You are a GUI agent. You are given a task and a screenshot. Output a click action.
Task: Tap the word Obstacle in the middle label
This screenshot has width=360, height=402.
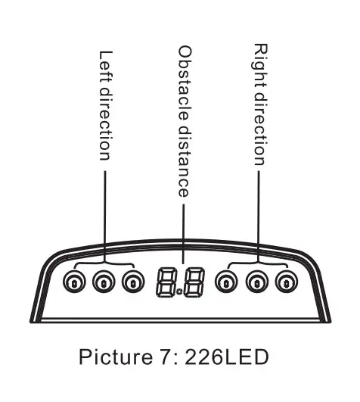pos(185,83)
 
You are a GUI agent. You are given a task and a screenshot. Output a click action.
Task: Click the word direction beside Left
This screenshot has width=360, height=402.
pos(105,124)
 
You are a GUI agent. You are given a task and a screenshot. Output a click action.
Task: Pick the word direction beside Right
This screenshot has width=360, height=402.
pos(260,129)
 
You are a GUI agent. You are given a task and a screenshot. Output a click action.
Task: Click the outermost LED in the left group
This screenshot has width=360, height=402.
pos(74,281)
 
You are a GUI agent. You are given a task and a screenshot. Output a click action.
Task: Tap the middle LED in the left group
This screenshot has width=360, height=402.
pos(104,281)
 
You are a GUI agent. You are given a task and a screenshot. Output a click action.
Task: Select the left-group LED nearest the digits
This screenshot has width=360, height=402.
pos(133,281)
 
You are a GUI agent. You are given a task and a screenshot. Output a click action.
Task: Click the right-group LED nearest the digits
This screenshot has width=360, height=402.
pos(226,281)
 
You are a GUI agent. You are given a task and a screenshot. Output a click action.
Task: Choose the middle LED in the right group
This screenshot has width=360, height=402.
pos(257,281)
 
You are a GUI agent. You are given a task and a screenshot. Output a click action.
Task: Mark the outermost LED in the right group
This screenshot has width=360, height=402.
pos(287,281)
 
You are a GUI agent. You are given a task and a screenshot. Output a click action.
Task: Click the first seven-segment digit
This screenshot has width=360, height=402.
pos(166,282)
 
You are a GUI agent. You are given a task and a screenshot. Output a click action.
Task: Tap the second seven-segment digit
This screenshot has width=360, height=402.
pos(194,282)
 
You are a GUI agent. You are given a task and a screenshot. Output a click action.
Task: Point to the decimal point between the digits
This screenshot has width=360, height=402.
pos(180,291)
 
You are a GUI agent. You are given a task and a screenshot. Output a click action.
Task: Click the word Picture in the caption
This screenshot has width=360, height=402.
pos(116,357)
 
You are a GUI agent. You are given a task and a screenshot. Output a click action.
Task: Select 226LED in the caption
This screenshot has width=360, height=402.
pos(227,357)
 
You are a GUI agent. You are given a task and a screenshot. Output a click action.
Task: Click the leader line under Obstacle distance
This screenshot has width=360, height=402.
pos(183,234)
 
